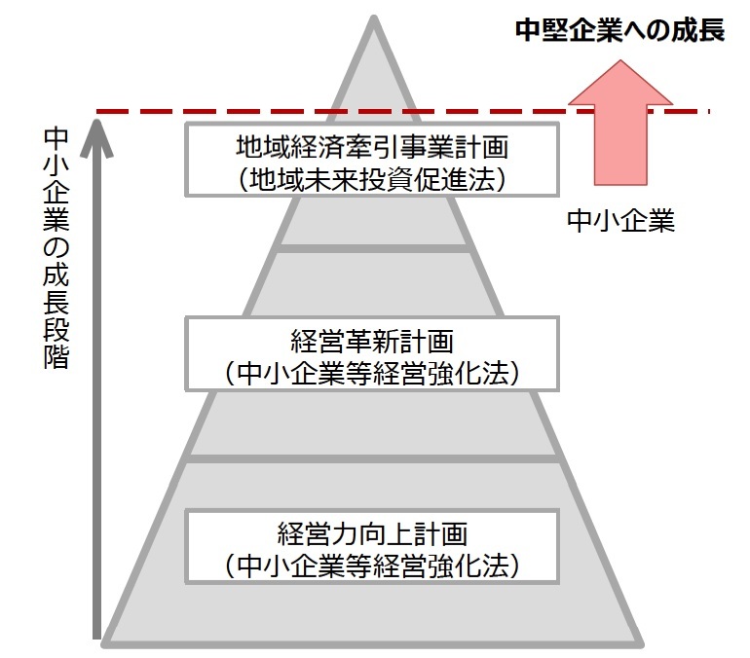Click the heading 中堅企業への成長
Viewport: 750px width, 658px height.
620,30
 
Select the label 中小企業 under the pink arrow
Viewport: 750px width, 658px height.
620,221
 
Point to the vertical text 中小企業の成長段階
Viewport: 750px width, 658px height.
57,248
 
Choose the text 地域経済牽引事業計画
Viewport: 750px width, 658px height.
374,148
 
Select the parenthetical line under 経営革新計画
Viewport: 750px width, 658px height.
374,371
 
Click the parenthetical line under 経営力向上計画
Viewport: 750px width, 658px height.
374,564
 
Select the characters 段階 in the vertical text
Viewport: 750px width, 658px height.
57,341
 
